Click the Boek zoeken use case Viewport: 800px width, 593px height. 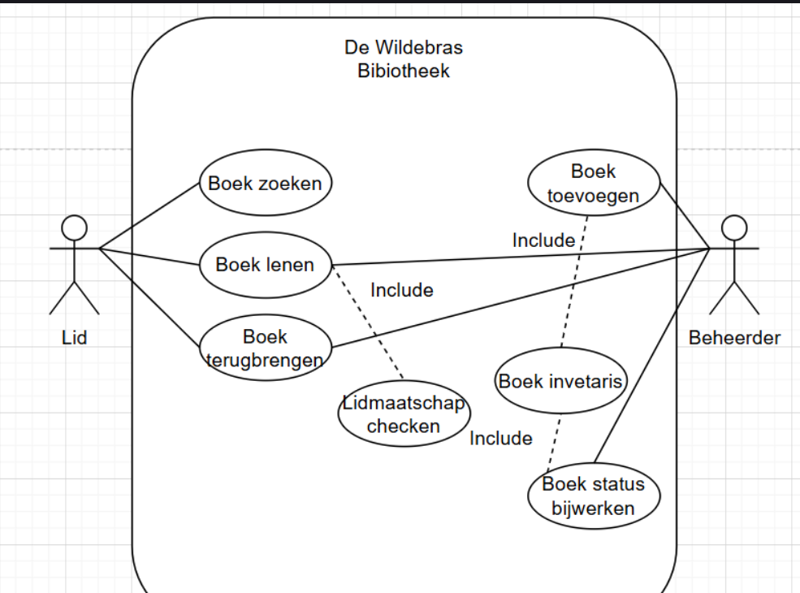point(265,183)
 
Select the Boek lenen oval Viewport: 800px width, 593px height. point(265,265)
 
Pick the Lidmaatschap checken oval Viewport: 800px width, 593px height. point(404,414)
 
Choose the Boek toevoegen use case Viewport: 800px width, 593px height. point(593,184)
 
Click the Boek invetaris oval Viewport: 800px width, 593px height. point(560,381)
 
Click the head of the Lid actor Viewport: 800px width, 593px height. point(75,227)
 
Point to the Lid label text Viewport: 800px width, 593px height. point(74,338)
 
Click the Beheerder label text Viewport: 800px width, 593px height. point(734,338)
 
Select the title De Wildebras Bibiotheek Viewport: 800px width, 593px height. point(404,59)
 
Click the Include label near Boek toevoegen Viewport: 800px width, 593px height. point(543,240)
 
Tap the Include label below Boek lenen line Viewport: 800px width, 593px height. point(401,290)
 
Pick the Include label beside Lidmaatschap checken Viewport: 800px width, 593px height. point(501,439)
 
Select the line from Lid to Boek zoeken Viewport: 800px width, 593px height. point(149,214)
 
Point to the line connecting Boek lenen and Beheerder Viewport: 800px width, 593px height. point(520,256)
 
